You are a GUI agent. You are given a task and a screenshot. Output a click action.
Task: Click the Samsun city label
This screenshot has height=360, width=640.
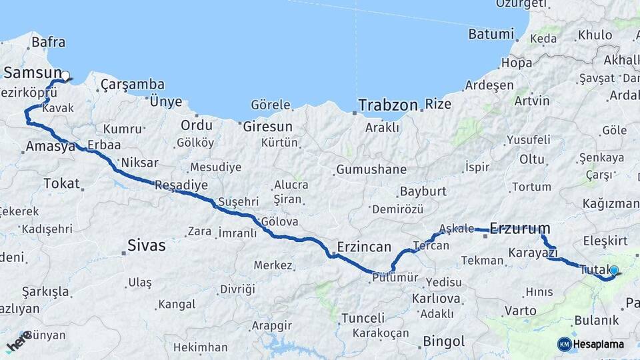point(31,71)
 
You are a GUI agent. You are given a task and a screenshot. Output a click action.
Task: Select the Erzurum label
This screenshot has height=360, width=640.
point(520,229)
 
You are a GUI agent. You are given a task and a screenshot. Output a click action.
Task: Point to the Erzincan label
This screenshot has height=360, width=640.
point(364,247)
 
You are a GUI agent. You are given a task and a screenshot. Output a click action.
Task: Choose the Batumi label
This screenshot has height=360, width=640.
point(491,34)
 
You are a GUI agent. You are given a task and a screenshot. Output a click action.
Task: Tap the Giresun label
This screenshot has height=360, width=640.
point(268,126)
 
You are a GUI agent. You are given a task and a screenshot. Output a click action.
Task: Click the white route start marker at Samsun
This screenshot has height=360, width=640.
point(65,76)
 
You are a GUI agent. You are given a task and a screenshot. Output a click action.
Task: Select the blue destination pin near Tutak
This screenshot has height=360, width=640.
point(614,271)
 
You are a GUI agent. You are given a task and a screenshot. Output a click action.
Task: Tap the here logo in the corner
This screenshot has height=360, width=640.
point(19,341)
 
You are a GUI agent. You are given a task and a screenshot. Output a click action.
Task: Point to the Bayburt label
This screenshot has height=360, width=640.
point(423,191)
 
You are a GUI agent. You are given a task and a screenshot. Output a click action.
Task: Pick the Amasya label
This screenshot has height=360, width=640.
point(50,147)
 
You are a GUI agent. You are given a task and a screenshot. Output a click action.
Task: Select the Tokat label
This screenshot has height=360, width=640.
point(61,183)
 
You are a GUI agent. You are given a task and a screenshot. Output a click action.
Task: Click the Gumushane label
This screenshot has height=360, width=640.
point(371,169)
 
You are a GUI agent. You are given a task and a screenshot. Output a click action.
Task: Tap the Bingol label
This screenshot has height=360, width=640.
point(444,341)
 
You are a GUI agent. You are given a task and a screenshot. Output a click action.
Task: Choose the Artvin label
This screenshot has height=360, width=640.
point(532,101)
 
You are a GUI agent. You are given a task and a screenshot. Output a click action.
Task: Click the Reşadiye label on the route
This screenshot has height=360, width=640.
point(181,185)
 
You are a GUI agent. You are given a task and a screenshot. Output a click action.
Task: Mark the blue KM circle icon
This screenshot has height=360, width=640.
point(564,344)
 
